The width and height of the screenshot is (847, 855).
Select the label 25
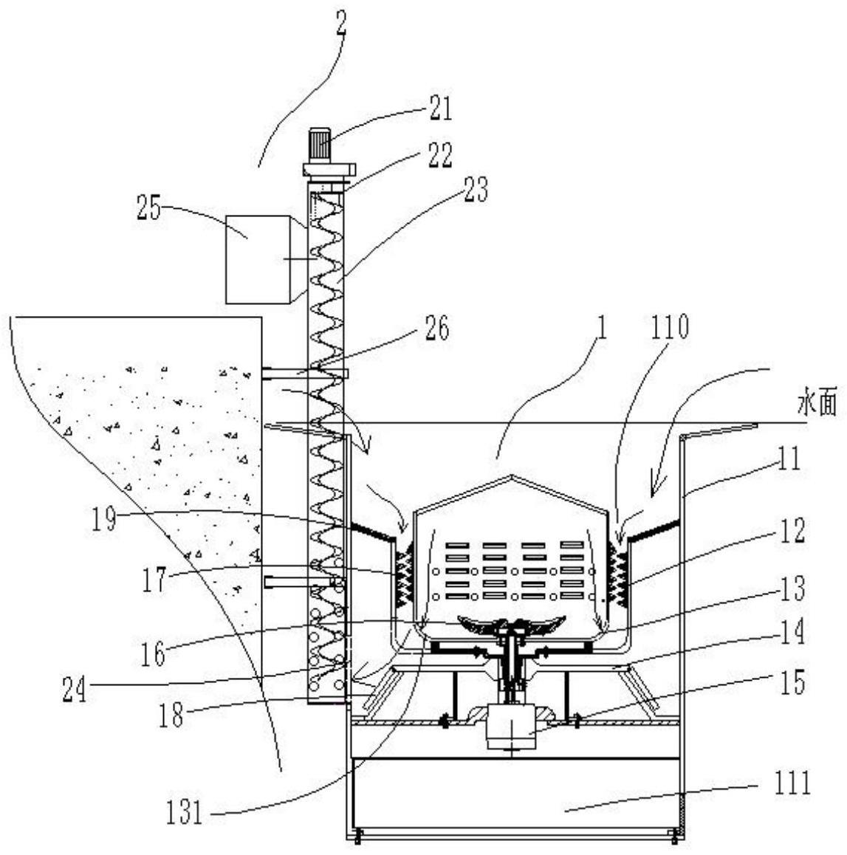[x=148, y=208]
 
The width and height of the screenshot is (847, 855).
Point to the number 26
[x=436, y=328]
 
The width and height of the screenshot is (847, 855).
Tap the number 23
[x=476, y=190]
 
